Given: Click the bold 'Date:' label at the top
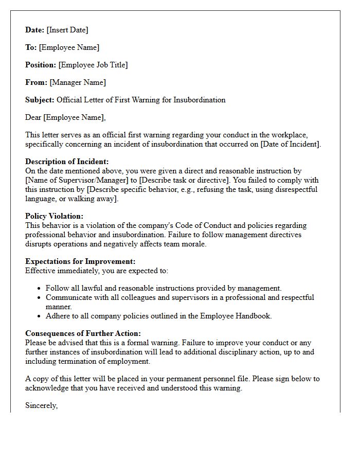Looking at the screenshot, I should tap(35, 30).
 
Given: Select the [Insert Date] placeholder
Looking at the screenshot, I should tap(67, 30).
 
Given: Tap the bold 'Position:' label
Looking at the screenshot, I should tap(41, 65).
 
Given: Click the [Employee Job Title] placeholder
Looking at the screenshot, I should tap(93, 65).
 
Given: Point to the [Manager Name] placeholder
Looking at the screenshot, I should tap(78, 82).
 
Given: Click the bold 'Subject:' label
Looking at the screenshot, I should tap(40, 100).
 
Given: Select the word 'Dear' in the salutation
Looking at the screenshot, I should tap(33, 117).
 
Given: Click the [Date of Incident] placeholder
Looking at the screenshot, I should tap(291, 144).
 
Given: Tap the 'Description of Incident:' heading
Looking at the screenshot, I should tap(67, 162).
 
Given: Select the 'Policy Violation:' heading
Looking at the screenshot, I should tap(54, 216).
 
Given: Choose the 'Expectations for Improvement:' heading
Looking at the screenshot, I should tap(80, 261).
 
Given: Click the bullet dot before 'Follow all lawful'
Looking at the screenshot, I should tap(40, 289).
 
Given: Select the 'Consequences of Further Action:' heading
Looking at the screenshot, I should tap(83, 333).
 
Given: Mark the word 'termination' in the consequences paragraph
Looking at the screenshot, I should tap(78, 361).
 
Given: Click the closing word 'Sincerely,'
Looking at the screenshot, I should tap(41, 405).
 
